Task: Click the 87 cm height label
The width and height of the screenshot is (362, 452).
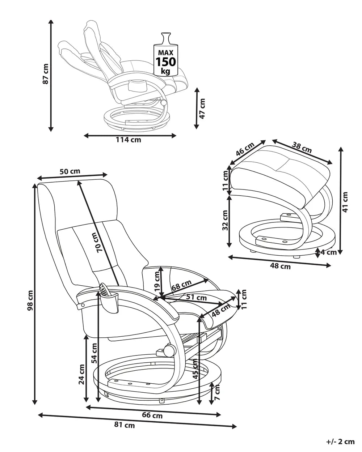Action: (45, 74)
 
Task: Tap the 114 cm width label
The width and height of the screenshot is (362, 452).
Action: (129, 140)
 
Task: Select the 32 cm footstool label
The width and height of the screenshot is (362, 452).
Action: (225, 221)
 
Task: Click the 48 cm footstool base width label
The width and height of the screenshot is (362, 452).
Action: (281, 267)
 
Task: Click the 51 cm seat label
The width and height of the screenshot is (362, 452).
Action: (196, 298)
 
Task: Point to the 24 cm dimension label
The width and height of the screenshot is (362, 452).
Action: (81, 374)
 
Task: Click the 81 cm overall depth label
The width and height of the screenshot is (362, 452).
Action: (124, 426)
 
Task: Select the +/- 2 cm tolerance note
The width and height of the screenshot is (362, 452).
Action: (340, 442)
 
